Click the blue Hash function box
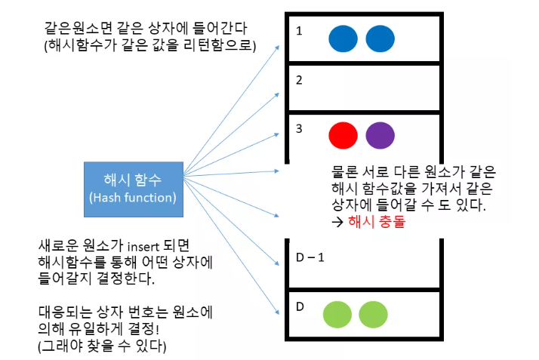tap(132, 188)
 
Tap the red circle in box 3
tap(343, 135)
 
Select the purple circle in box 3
tap(379, 135)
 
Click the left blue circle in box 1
tap(343, 38)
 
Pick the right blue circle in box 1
tap(380, 38)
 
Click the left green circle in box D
tap(337, 314)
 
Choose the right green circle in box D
tap(373, 314)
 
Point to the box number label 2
tap(300, 80)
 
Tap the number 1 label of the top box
tap(300, 32)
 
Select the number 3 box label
tap(300, 128)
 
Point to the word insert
tap(142, 247)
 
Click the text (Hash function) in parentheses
tap(132, 198)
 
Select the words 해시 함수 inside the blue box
tap(132, 180)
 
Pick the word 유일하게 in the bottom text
tap(97, 329)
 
